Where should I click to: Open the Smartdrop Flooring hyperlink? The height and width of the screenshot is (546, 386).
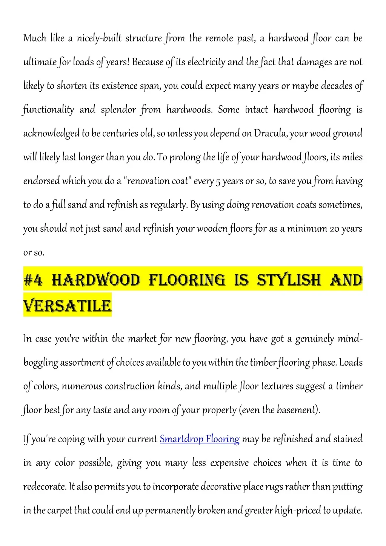click(x=199, y=439)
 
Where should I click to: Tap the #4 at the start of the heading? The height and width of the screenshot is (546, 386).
click(x=33, y=280)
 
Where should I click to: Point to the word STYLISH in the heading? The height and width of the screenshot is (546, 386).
click(x=289, y=280)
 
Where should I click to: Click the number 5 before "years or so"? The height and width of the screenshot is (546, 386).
click(x=218, y=181)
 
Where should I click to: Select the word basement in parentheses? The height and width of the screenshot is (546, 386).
click(x=297, y=410)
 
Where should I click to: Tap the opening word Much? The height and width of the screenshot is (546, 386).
click(x=35, y=38)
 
